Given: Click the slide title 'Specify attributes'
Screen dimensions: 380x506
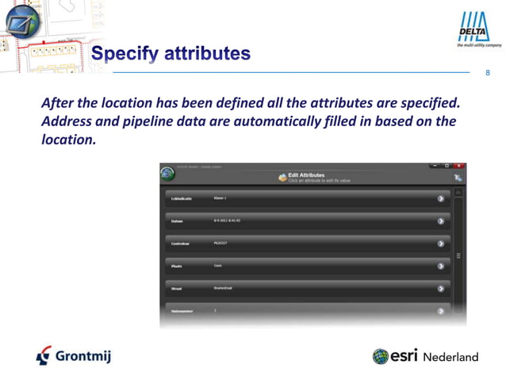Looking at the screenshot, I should [x=171, y=54].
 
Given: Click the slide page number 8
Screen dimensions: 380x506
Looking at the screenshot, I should [x=487, y=74].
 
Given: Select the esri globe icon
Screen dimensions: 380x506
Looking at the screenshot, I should [x=381, y=356].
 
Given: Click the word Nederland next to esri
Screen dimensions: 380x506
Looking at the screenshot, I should [x=450, y=357].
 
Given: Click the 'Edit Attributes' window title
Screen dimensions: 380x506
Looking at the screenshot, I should [x=305, y=174].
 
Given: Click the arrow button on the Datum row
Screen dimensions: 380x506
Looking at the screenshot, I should [x=440, y=221].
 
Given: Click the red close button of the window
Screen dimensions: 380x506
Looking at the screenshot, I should [x=459, y=166].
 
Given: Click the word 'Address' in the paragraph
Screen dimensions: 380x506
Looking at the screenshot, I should [x=67, y=121].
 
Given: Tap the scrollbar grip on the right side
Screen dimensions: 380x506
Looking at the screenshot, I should [x=458, y=255].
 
